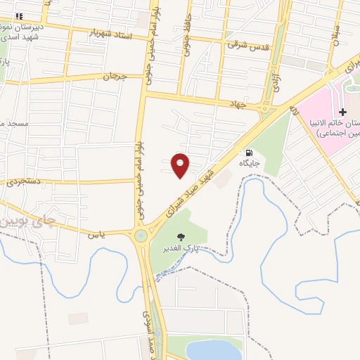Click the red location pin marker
(181, 165)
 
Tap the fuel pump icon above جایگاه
(248, 153)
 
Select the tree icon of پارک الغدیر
(181, 237)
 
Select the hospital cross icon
(342, 112)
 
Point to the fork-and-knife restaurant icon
(19, 15)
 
